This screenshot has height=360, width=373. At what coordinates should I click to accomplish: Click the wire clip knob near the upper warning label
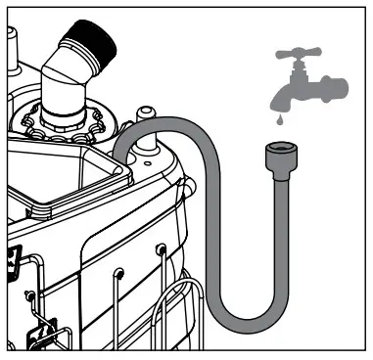(31, 296)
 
